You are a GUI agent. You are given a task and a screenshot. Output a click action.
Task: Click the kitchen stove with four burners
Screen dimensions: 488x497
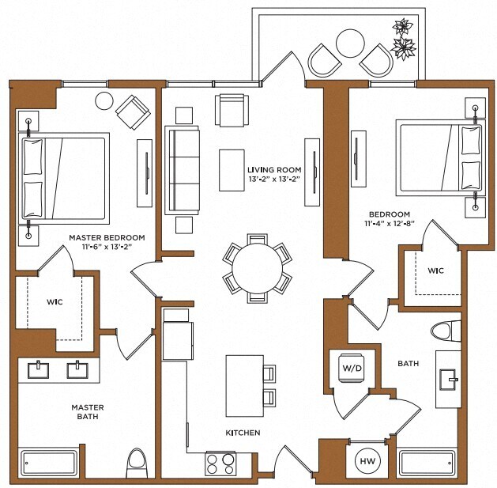[220, 463]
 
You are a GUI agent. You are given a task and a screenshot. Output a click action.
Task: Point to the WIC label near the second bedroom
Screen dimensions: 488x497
[435, 271]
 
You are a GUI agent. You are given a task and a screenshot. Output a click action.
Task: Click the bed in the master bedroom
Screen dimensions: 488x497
[66, 176]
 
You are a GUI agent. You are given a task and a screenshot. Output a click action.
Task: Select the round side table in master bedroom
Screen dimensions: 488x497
[104, 100]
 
